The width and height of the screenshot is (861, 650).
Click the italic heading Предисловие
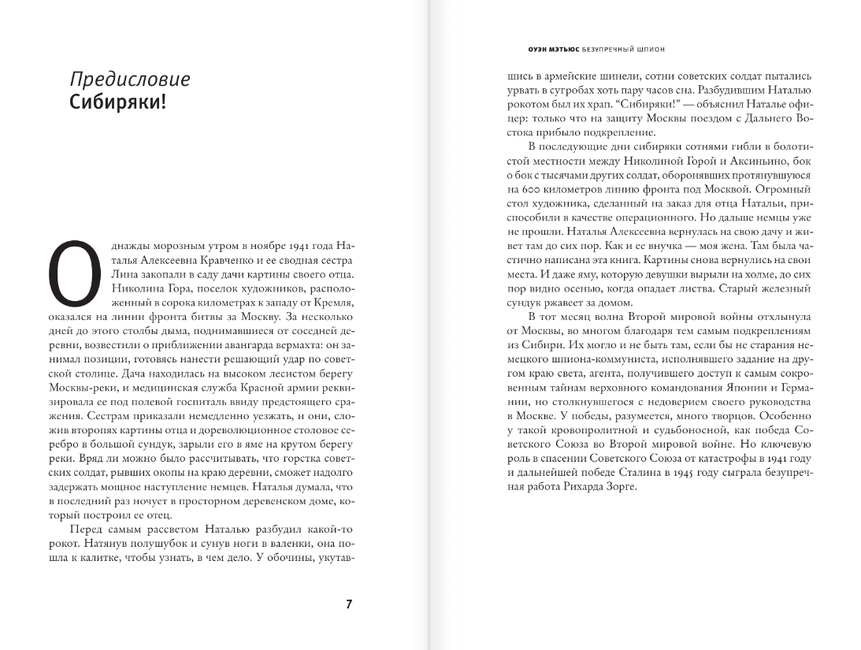coord(129,80)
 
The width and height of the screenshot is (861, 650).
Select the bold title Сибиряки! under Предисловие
coord(119,103)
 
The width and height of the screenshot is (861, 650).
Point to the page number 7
coord(349,605)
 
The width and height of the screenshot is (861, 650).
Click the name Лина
coord(122,275)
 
